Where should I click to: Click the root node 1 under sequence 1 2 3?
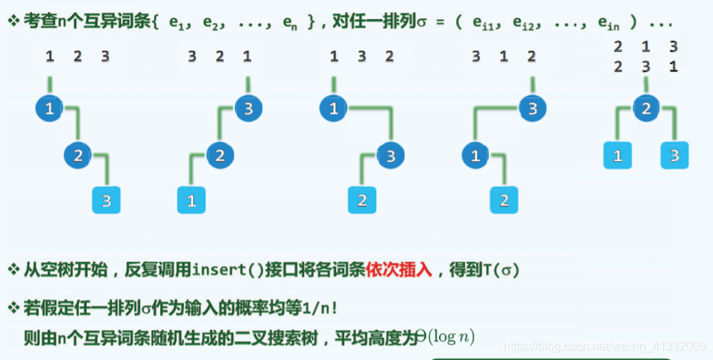point(49,110)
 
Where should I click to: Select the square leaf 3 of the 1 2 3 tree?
point(106,200)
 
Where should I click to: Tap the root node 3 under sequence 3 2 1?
point(248,109)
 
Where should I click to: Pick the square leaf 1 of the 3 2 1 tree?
point(191,200)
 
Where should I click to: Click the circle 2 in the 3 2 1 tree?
point(219,156)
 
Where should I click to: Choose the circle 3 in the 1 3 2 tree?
point(390,156)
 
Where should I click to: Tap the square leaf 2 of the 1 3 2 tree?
point(362,200)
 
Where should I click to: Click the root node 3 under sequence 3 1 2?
point(532,109)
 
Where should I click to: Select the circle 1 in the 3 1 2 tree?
point(475,156)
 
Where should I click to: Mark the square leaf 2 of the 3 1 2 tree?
point(504,200)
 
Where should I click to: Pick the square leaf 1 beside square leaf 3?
point(618,156)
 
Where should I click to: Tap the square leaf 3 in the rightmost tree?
point(674,156)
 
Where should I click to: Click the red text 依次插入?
point(399,269)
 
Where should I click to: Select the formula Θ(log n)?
point(445,336)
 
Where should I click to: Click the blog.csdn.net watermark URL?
point(604,346)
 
